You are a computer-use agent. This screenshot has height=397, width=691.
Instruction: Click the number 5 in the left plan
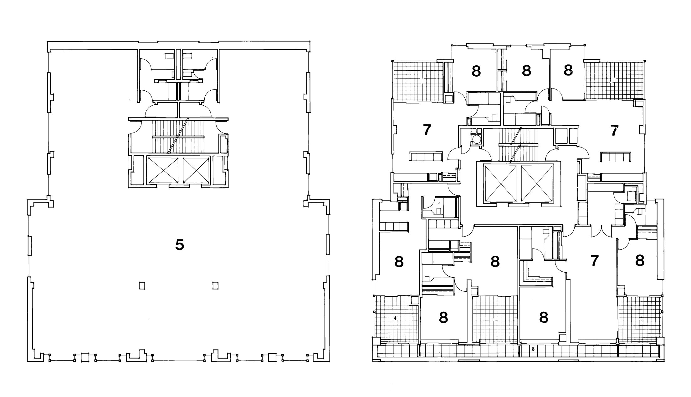click(x=180, y=245)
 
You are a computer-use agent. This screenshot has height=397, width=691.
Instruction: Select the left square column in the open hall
click(x=142, y=286)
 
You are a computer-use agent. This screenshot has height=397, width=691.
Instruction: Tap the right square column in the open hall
click(x=215, y=286)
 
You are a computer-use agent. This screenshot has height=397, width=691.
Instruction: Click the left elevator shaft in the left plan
click(x=163, y=170)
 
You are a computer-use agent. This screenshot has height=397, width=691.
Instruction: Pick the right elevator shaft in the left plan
click(x=196, y=170)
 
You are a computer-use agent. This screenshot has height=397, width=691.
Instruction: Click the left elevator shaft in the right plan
click(x=500, y=183)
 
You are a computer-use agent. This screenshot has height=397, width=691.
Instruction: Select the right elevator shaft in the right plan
click(x=537, y=183)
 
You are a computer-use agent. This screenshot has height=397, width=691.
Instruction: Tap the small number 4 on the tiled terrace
click(x=395, y=319)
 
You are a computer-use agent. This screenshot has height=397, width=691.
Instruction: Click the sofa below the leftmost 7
click(x=426, y=156)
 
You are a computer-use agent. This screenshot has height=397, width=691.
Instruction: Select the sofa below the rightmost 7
click(x=615, y=157)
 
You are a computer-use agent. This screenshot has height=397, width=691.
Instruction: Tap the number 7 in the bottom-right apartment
click(x=594, y=260)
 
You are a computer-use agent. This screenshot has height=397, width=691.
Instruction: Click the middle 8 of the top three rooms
click(x=527, y=71)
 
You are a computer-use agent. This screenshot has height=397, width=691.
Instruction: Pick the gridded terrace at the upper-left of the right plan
click(x=418, y=81)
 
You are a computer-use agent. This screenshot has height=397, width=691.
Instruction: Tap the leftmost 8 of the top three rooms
click(x=476, y=71)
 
